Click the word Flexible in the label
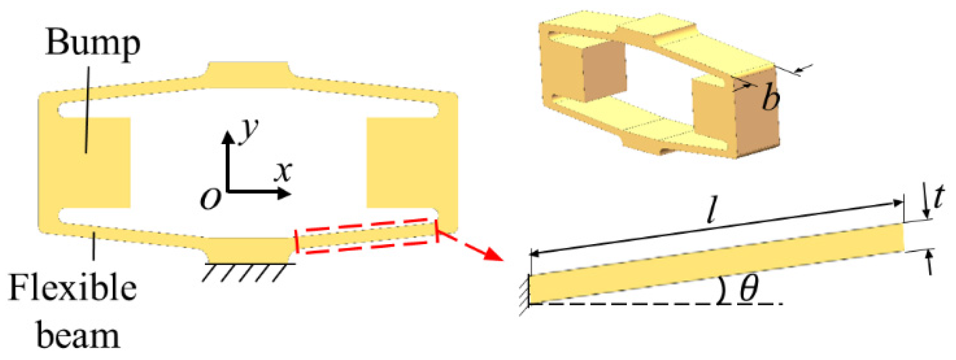[x=73, y=289]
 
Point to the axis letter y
[x=249, y=130]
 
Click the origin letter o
[x=210, y=198]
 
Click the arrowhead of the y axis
[x=228, y=137]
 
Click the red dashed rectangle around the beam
[x=367, y=236]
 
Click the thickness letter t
[x=939, y=197]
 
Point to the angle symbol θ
[x=749, y=288]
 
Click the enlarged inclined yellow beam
[x=716, y=264]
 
